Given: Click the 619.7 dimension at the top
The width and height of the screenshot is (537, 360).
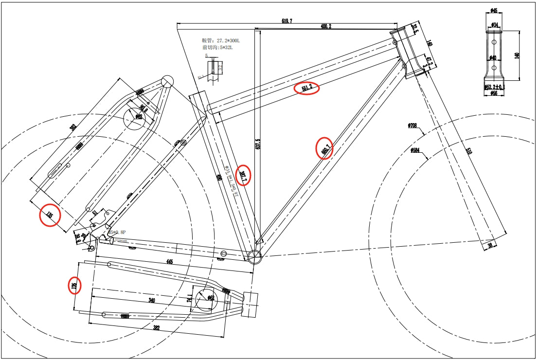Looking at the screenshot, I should pyautogui.click(x=286, y=21).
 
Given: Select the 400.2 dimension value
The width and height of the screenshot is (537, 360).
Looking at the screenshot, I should pyautogui.click(x=325, y=27).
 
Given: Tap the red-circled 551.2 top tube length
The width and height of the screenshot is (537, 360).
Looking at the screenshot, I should pyautogui.click(x=307, y=89).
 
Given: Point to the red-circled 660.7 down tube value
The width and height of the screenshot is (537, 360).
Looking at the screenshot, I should pyautogui.click(x=325, y=148).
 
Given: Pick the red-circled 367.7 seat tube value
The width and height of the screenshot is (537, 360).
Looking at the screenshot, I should pyautogui.click(x=243, y=176).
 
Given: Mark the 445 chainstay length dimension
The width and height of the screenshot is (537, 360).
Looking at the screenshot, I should pyautogui.click(x=169, y=262).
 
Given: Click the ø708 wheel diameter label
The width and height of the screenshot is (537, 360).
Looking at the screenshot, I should pyautogui.click(x=413, y=126).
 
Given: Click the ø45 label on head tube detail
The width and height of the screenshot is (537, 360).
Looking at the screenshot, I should pyautogui.click(x=494, y=10).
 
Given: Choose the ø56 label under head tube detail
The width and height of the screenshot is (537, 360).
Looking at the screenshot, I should pyautogui.click(x=494, y=93).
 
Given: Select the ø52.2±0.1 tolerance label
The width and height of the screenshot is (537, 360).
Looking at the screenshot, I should pyautogui.click(x=494, y=87).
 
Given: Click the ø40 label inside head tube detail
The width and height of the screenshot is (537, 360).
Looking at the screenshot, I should pyautogui.click(x=493, y=58).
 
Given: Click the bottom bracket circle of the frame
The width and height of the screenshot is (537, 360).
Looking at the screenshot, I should pyautogui.click(x=254, y=256).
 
